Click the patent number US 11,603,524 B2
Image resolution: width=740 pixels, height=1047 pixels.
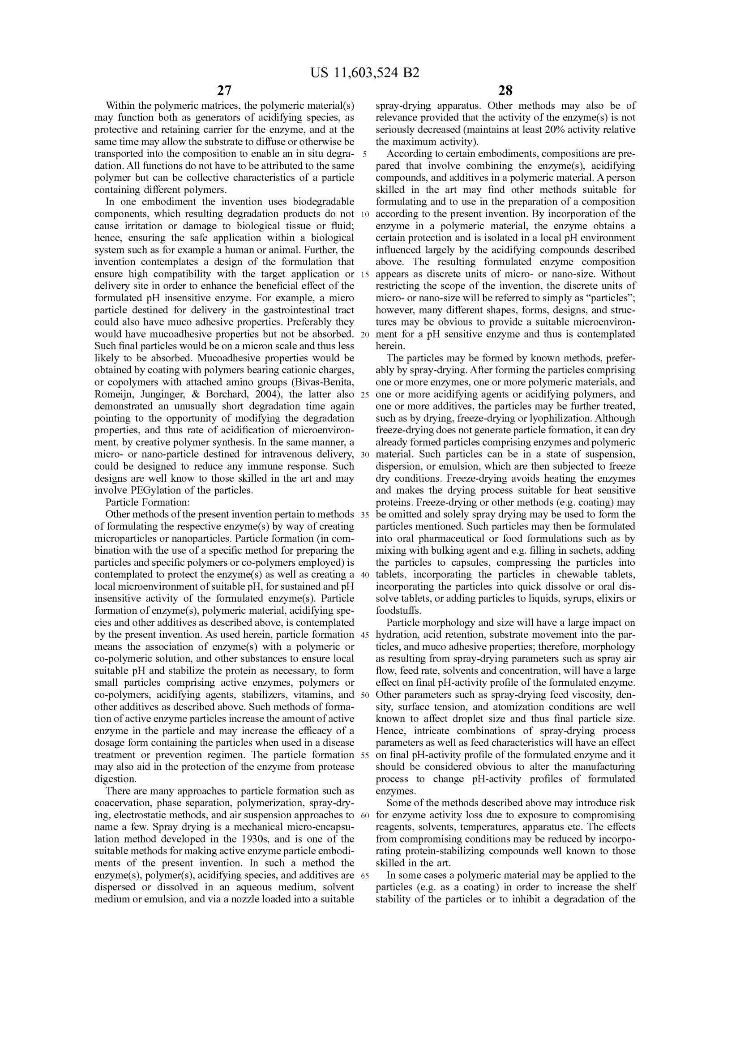tap(365, 73)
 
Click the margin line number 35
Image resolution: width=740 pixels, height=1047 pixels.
tap(365, 515)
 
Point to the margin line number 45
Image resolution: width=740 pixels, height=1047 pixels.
tap(365, 635)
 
